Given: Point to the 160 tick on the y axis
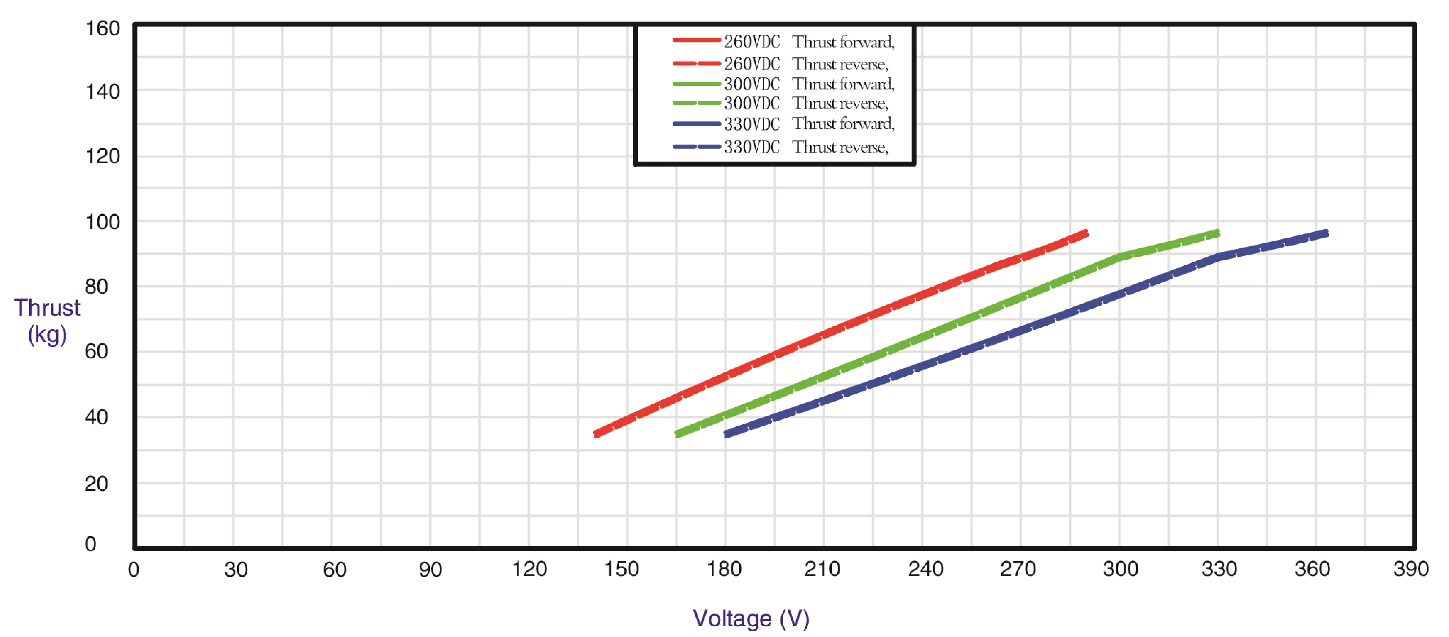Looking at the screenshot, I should point(102,29).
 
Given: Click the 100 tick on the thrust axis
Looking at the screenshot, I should point(102,222).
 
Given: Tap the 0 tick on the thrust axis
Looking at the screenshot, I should point(90,544).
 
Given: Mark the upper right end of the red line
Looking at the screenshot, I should point(1086,233).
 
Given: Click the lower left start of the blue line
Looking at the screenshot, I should point(726,434).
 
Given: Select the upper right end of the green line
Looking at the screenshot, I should point(1218,233).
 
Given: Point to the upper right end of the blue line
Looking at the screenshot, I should point(1326,233).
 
